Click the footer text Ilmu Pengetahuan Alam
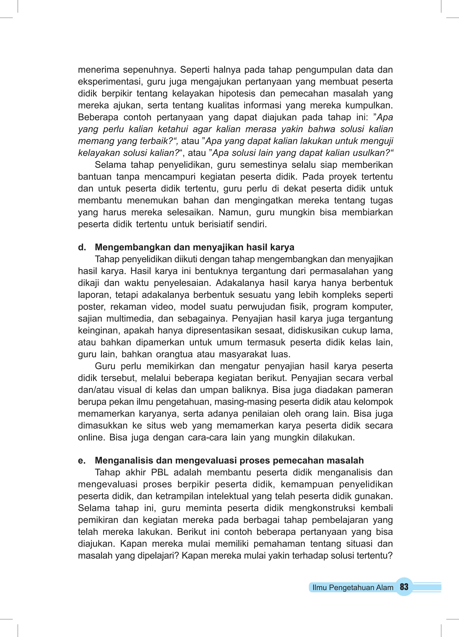353,587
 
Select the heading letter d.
82,247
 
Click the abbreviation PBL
160,472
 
